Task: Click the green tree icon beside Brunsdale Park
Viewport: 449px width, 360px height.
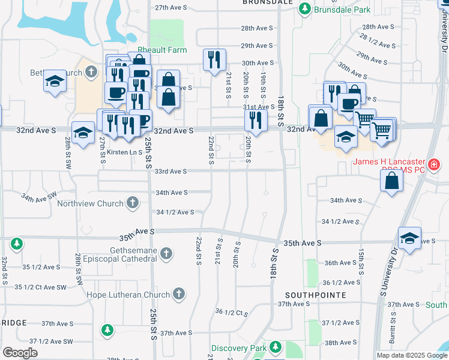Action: (305, 9)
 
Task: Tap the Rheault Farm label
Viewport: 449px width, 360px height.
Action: (163, 50)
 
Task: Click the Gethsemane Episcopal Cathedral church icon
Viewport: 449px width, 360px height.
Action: (166, 254)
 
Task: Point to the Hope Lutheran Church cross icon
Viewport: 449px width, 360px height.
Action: (178, 294)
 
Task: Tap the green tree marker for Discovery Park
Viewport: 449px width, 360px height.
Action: (276, 347)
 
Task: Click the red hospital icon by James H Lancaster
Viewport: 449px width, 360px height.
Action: (433, 163)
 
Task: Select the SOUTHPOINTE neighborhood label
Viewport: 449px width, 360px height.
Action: (307, 295)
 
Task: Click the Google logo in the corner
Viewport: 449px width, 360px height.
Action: (20, 353)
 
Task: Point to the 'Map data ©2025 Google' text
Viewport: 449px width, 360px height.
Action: (411, 355)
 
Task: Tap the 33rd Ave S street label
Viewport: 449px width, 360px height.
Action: (170, 172)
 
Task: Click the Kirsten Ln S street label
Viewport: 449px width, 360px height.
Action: (124, 153)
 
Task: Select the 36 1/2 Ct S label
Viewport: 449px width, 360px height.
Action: (231, 312)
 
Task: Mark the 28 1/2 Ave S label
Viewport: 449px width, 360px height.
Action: (379, 40)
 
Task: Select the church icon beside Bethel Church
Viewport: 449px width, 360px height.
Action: (91, 73)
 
